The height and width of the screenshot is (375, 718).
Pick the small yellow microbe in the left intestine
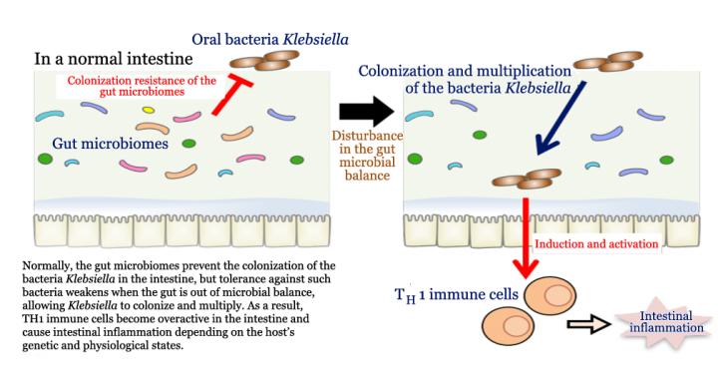pyautogui.click(x=148, y=109)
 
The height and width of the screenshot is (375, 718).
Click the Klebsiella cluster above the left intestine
pyautogui.click(x=260, y=62)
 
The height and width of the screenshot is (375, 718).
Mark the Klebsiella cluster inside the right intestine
pyautogui.click(x=526, y=179)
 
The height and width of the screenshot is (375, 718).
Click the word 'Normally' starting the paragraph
pyautogui.click(x=48, y=265)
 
